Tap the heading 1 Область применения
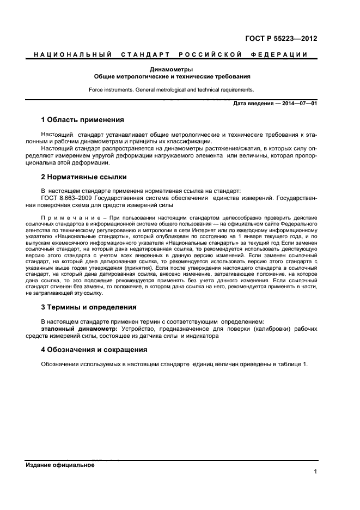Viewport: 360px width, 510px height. point(83,119)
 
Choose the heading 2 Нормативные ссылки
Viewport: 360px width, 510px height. point(84,177)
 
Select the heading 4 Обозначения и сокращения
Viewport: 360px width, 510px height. point(94,349)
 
